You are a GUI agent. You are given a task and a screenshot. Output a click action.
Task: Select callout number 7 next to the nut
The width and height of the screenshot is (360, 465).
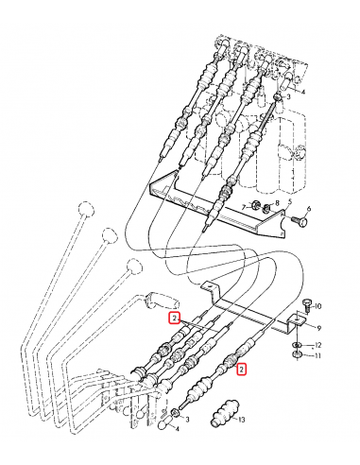(243, 206)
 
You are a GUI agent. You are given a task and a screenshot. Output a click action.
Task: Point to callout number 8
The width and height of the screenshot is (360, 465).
(277, 203)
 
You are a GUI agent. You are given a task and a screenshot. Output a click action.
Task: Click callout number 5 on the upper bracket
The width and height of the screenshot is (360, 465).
(289, 202)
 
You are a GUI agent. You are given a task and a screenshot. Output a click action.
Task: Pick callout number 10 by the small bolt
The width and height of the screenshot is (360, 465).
(318, 306)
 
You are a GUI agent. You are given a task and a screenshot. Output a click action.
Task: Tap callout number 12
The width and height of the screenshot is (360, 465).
(318, 344)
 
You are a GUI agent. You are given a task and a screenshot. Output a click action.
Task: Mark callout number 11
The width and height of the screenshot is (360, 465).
(318, 356)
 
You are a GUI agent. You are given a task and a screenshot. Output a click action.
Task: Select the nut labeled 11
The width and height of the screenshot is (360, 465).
(298, 356)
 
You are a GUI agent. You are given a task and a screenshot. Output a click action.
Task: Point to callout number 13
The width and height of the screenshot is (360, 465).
(241, 419)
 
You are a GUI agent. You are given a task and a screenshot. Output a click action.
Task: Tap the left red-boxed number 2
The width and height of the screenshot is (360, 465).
(175, 319)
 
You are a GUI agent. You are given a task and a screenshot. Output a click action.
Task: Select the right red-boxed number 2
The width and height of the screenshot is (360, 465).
(242, 370)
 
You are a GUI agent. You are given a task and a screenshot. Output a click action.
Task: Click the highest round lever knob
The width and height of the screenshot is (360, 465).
(87, 210)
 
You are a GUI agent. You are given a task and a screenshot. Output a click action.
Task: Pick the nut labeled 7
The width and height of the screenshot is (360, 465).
(255, 207)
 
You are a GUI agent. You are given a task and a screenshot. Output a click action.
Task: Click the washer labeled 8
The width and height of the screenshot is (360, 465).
(267, 207)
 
